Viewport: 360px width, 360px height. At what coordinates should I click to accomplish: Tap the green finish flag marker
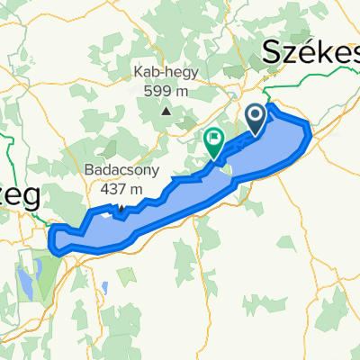coord(214,139)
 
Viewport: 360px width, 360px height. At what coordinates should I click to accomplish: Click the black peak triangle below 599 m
coord(166,112)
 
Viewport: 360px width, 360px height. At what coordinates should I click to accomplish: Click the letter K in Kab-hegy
coord(138,71)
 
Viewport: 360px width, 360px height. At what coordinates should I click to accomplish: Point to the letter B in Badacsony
coord(90,168)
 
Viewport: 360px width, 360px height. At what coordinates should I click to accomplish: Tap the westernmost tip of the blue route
coord(50,237)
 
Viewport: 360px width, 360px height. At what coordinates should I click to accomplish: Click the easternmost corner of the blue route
coord(310,133)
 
